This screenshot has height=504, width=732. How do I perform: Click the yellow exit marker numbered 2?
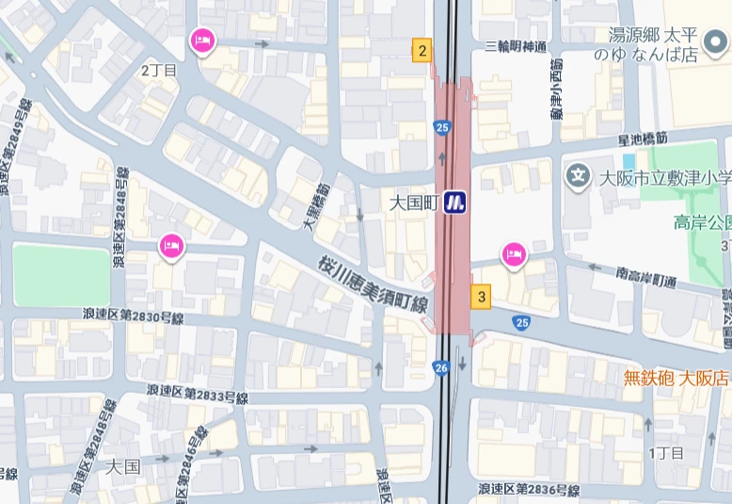[422, 51]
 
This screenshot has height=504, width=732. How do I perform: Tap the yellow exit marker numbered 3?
[482, 297]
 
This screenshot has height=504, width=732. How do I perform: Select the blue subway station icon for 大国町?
[456, 202]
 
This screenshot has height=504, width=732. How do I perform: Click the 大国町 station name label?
[414, 202]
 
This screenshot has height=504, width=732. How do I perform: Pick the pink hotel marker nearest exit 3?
[513, 253]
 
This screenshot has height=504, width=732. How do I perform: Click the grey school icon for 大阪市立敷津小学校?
[577, 175]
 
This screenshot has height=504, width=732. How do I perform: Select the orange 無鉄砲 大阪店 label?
[676, 378]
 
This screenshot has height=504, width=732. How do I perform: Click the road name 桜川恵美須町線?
[374, 285]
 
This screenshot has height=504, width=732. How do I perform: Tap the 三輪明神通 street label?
[516, 48]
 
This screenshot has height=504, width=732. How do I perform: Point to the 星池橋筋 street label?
[643, 138]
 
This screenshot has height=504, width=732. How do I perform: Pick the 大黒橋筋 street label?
[313, 206]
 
